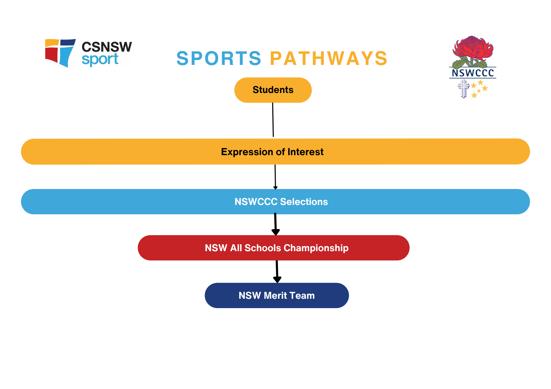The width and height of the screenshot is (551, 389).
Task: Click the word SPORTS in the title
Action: (219, 59)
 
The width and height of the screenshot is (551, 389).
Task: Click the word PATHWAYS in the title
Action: (329, 59)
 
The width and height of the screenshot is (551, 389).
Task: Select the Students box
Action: (273, 90)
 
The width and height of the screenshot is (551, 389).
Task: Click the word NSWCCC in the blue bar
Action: (256, 202)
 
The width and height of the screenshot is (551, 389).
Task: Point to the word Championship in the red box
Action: (316, 248)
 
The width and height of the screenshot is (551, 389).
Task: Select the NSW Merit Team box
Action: (277, 295)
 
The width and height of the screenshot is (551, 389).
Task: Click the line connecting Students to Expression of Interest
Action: (273, 120)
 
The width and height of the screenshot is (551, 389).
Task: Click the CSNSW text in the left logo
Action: (107, 47)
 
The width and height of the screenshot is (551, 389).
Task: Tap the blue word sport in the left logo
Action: (100, 59)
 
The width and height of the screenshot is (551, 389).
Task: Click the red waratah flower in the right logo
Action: (473, 48)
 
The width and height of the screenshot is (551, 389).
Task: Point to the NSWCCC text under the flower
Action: (473, 73)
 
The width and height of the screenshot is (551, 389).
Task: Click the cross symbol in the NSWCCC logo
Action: (463, 88)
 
